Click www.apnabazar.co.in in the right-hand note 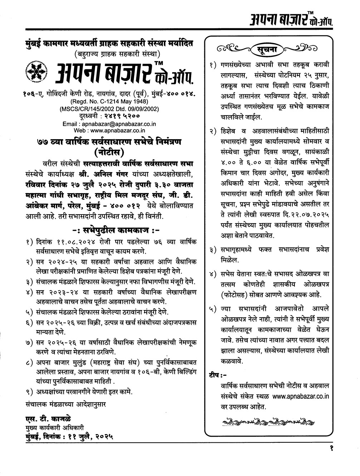(x=300, y=396)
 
